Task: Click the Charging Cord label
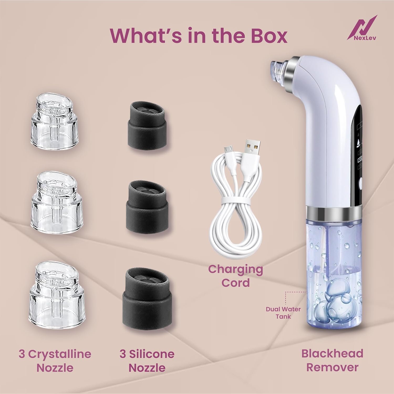[x=236, y=276]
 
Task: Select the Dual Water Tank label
[x=283, y=313]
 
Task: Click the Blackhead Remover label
[x=332, y=360]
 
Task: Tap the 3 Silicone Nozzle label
[x=147, y=361]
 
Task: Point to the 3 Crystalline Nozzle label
[x=55, y=361]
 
